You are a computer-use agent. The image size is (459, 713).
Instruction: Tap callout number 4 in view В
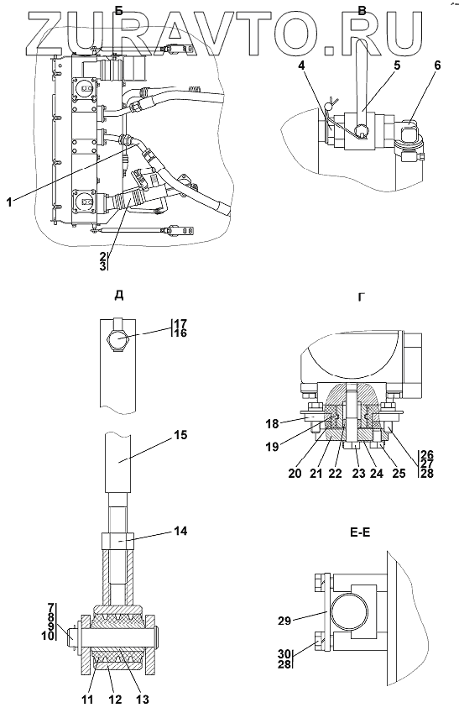tap(303, 66)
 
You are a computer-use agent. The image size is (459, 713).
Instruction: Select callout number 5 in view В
tap(397, 66)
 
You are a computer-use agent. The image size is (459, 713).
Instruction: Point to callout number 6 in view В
tap(437, 66)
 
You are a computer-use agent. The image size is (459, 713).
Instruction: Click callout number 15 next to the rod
tap(180, 435)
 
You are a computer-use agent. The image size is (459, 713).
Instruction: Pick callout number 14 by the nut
tap(180, 531)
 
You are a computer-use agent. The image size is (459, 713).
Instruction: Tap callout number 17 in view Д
tap(180, 324)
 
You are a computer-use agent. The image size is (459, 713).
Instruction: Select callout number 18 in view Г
tap(272, 424)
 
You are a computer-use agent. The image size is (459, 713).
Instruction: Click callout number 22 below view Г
tap(335, 474)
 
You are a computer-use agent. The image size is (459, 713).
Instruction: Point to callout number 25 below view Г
tap(399, 474)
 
